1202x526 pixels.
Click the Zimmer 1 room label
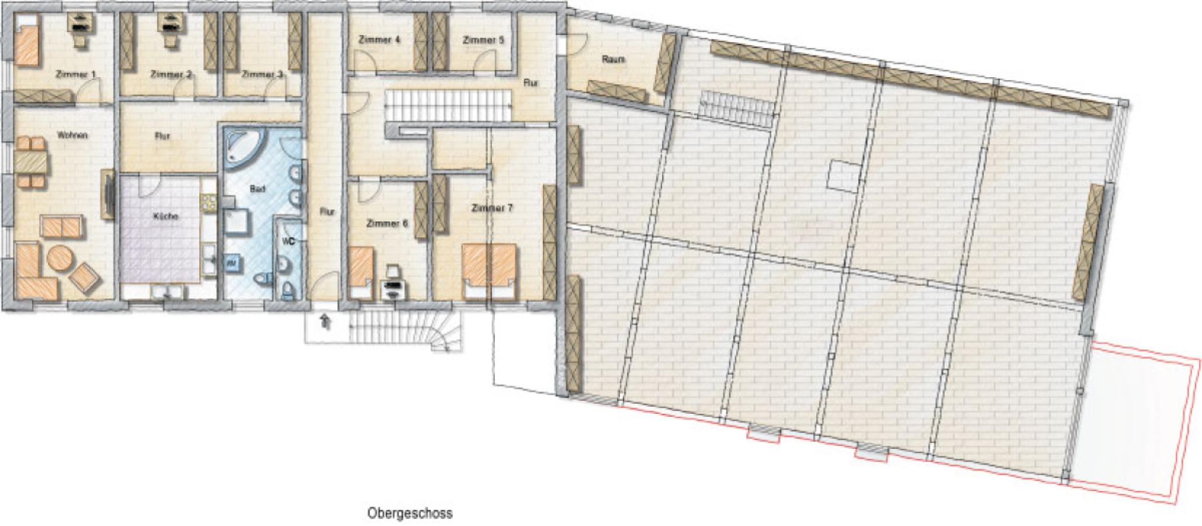coord(75,75)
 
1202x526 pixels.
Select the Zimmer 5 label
coord(483,40)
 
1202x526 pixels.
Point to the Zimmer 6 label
coord(387,223)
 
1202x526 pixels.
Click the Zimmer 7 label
coord(492,208)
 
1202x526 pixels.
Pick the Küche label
coord(165,217)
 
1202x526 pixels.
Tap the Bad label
coord(257,189)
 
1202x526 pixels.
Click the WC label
coord(287,240)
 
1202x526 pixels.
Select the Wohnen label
coord(72,135)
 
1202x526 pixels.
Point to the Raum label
coord(613,60)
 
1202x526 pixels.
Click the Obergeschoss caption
coord(410,513)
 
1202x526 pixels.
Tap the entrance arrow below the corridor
coord(325,321)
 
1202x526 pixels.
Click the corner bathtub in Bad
coord(244,146)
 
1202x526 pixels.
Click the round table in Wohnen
coord(60,259)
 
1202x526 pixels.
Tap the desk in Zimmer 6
coord(393,288)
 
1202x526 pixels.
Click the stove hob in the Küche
coord(208,202)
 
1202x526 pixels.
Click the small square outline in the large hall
coord(844,176)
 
